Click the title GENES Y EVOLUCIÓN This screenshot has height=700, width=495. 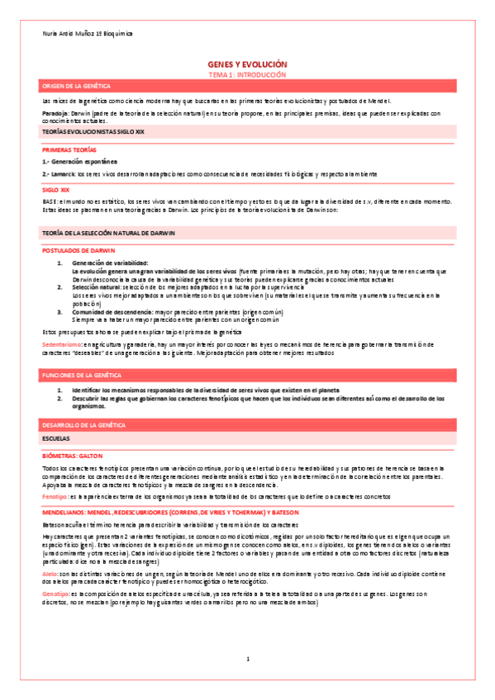(x=247, y=64)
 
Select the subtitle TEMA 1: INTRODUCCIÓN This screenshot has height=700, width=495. (x=247, y=73)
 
